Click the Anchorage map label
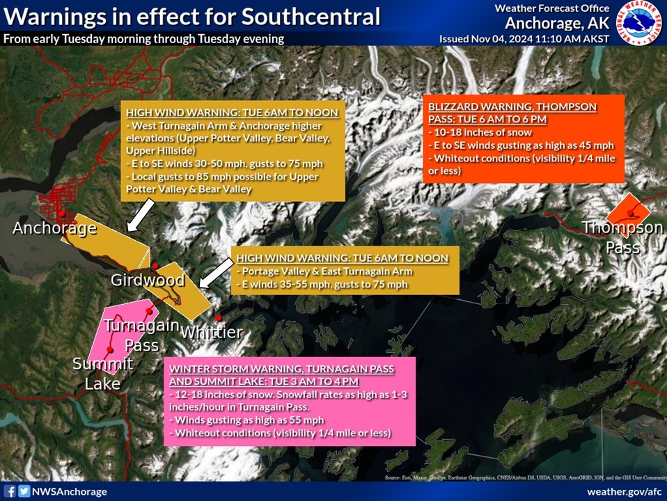(54, 228)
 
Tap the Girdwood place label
(148, 280)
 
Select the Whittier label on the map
(211, 332)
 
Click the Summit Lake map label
(103, 374)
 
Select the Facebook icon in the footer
(9, 491)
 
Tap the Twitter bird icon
(24, 491)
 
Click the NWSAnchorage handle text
(70, 492)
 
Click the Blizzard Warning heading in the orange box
(512, 113)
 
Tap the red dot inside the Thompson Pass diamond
(631, 214)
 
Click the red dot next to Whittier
(218, 318)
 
